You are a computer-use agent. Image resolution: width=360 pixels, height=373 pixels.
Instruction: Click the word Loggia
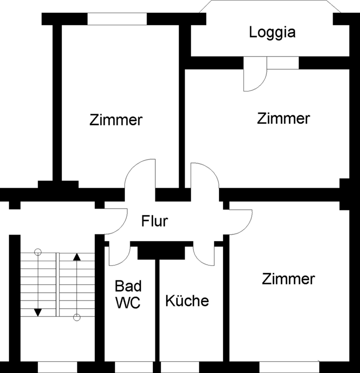(272, 33)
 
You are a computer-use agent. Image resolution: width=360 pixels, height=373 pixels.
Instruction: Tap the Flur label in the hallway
(155, 221)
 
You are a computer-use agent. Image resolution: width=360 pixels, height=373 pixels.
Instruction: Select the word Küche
(187, 300)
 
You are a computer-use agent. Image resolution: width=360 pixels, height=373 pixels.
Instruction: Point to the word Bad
(128, 286)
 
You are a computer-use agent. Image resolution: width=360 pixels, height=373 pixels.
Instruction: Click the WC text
(128, 303)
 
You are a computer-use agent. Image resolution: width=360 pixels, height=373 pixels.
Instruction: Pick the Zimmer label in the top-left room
(116, 120)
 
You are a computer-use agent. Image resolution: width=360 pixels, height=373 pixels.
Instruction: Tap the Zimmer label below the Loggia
(283, 118)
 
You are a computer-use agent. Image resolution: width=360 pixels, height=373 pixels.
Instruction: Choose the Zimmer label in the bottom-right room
(288, 279)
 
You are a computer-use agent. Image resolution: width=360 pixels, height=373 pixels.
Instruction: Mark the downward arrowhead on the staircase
(38, 312)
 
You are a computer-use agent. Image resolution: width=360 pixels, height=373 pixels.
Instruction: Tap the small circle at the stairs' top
(38, 251)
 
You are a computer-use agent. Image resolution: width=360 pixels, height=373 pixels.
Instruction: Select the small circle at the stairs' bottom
(77, 318)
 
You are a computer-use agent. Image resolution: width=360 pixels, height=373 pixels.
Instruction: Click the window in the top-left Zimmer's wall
(117, 19)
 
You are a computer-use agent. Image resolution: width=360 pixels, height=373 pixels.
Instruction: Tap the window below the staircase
(60, 367)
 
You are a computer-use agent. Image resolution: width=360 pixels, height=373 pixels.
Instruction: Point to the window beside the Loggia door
(283, 63)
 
